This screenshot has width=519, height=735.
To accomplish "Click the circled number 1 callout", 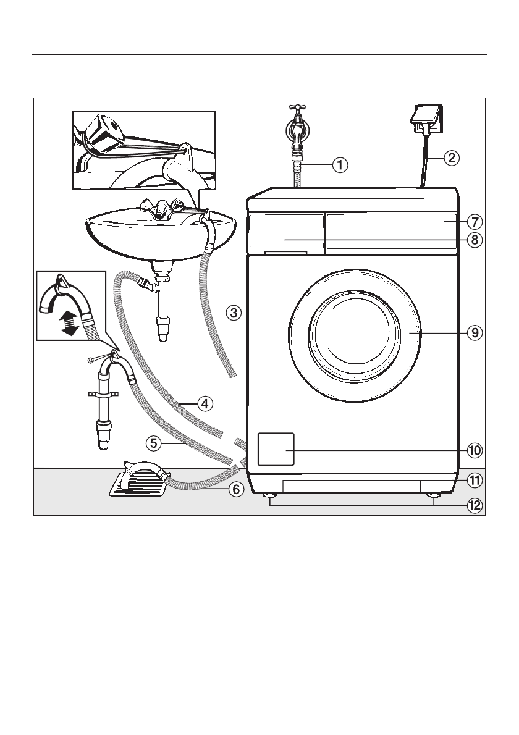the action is (x=340, y=165).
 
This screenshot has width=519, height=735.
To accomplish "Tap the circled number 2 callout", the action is (x=452, y=157).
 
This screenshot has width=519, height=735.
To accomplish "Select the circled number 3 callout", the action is (x=233, y=313).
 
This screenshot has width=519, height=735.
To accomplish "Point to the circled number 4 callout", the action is (x=205, y=404).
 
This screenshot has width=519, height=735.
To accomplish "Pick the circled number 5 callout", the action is (x=154, y=442).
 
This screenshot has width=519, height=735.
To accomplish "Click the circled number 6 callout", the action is (x=235, y=489).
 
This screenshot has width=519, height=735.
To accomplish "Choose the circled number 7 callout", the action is (x=474, y=220).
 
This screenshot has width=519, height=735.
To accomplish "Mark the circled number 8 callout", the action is (x=474, y=240).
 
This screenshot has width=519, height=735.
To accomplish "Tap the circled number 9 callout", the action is (x=474, y=332).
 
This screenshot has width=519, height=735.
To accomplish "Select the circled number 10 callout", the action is (x=474, y=450).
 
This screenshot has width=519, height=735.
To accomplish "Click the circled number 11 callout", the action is (x=474, y=479).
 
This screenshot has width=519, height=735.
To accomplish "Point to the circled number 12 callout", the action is (x=474, y=506).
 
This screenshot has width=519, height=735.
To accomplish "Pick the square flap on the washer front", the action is (x=275, y=449).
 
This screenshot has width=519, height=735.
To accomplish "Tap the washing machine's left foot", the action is (x=271, y=496).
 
